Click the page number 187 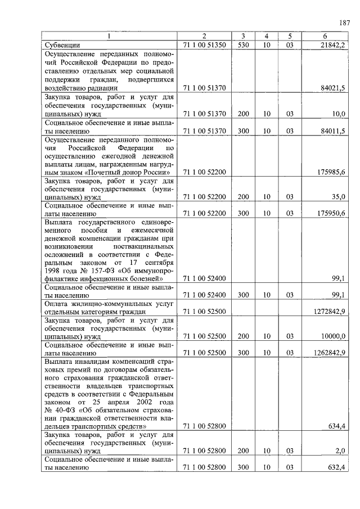coord(344,23)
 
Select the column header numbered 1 coord(109,36)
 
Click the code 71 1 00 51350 coord(204,44)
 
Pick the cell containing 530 coord(243,44)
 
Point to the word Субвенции coord(62,44)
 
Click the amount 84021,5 coord(332,88)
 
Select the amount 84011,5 coord(332,131)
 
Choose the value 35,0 coord(338,196)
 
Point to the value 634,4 coord(336,426)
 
